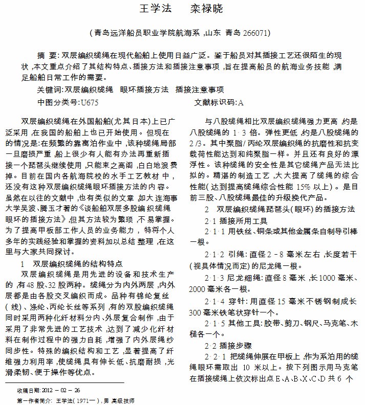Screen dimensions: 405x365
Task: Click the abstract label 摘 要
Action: coord(48,55)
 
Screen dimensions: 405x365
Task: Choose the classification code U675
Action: coord(90,102)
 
